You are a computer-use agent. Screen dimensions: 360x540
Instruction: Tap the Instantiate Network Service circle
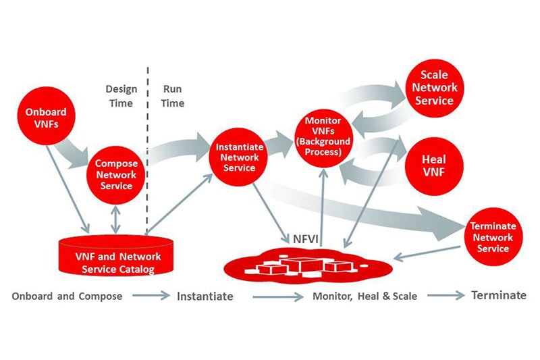236,157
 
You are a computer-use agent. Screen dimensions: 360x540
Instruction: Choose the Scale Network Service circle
435,88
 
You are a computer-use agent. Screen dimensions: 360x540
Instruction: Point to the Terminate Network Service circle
492,237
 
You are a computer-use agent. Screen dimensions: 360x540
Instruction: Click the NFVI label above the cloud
303,239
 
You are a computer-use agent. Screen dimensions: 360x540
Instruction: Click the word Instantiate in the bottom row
205,296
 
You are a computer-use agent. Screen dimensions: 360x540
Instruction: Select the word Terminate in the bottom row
498,295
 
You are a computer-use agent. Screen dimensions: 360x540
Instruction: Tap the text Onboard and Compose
67,296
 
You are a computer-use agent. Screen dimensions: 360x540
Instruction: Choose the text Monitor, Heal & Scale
364,296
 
